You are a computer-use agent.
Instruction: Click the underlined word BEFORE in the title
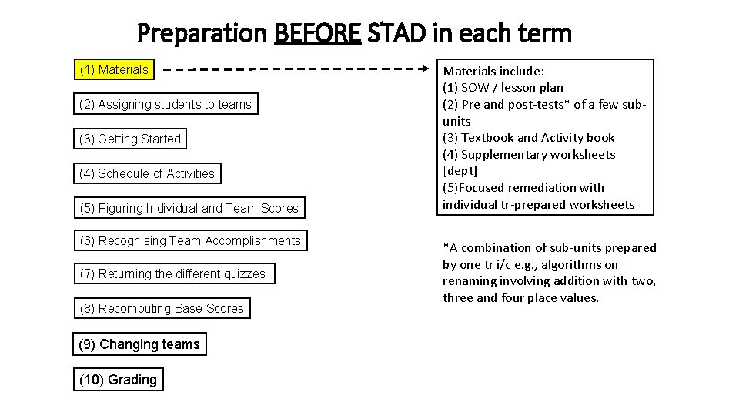[317, 33]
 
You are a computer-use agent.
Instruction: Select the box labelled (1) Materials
[115, 70]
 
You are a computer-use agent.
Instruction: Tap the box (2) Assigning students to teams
[166, 104]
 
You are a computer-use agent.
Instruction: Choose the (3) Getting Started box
[130, 139]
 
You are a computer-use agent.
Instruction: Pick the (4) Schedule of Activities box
[147, 173]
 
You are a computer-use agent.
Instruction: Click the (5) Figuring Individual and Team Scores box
[189, 208]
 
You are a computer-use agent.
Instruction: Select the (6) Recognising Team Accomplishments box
[190, 241]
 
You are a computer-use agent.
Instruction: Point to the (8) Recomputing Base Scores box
[162, 308]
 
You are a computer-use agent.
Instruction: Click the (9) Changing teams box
[139, 344]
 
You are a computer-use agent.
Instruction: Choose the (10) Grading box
[118, 379]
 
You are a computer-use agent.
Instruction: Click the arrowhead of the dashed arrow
[432, 69]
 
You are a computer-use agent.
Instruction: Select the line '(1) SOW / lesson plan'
[503, 88]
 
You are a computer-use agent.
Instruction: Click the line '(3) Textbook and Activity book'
[528, 138]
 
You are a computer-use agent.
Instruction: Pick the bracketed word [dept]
[460, 171]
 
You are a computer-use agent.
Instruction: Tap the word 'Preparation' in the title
[202, 33]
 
